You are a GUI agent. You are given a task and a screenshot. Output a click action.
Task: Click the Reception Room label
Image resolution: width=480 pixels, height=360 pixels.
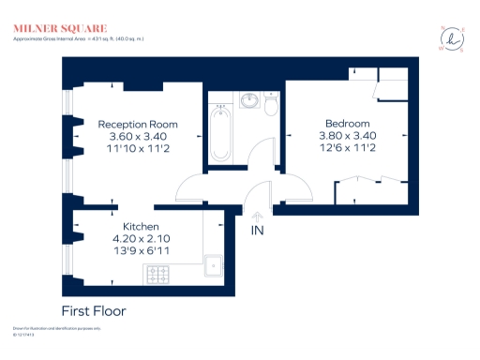coord(138,124)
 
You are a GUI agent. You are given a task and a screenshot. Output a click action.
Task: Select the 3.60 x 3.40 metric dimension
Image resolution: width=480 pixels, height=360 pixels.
coord(138,136)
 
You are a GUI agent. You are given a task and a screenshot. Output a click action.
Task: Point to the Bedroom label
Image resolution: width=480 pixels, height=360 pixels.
coord(347,124)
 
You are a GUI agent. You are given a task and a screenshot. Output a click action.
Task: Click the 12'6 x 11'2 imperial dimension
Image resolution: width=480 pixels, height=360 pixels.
coord(347,148)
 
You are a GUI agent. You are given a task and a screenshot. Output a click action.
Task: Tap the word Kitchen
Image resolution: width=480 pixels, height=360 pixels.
coord(141,227)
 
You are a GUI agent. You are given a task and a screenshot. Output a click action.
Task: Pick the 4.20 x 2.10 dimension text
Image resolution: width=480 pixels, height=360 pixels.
coord(141,239)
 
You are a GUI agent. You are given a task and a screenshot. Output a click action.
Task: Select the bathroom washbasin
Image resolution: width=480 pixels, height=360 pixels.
coord(249,100)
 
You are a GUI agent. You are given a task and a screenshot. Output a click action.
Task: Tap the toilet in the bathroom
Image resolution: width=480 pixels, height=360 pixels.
coord(271,106)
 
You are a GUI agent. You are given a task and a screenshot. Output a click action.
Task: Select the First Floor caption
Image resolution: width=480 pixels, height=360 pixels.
coord(94,310)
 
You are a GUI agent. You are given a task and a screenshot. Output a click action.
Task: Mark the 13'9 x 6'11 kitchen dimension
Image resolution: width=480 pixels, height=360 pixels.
coord(141,251)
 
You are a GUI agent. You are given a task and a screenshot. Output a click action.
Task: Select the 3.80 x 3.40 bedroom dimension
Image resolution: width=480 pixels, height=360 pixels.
coord(347,136)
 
